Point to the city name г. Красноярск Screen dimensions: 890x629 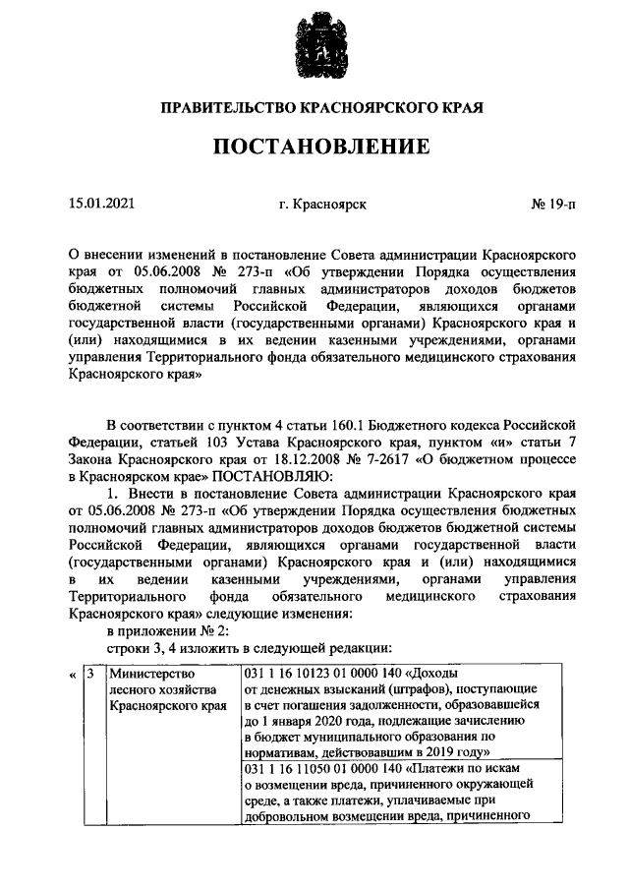point(322,206)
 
